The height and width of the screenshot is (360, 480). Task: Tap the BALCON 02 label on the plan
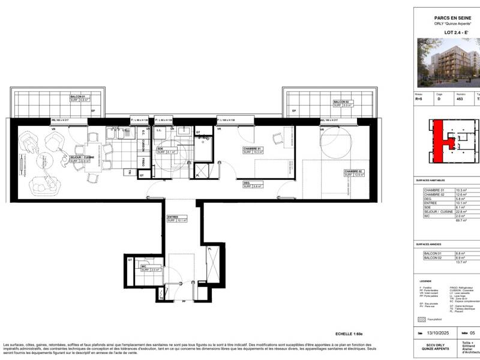(x=343, y=102)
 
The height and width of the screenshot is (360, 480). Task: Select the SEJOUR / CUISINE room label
(x=80, y=158)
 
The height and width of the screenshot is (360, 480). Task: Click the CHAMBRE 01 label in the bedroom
(x=253, y=149)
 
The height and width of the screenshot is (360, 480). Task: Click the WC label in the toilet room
(x=145, y=266)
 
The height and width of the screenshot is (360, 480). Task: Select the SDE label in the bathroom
(x=161, y=149)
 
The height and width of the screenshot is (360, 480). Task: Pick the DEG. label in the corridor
(x=247, y=183)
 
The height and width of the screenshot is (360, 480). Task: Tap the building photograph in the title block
(x=450, y=62)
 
